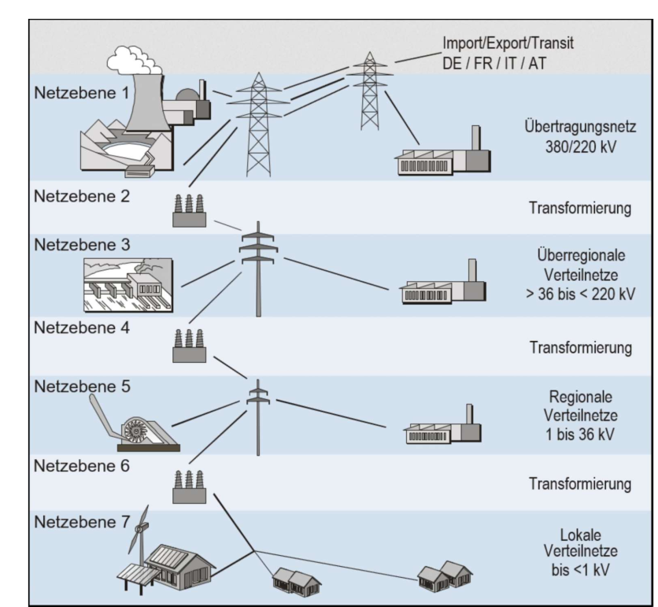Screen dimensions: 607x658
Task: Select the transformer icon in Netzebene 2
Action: [189, 211]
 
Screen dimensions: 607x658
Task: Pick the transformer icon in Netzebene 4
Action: [189, 346]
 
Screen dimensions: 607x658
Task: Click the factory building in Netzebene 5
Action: [442, 427]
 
